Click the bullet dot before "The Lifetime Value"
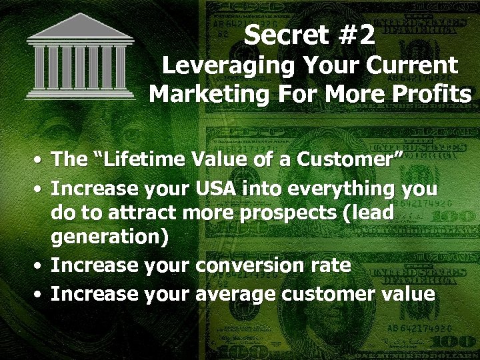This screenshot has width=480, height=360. (x=40, y=160)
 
